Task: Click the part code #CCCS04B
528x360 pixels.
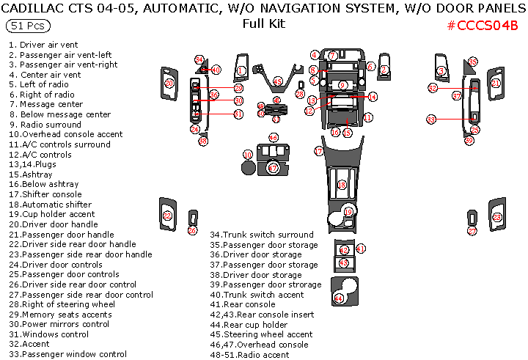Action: [x=482, y=26]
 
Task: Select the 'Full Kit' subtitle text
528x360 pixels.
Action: [x=263, y=23]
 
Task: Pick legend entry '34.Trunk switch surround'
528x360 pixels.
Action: [x=262, y=235]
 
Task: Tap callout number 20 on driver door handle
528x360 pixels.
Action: [x=169, y=84]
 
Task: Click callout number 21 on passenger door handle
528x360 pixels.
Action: [x=496, y=84]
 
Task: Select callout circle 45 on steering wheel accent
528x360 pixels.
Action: [x=277, y=81]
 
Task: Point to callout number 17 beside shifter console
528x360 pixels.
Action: [x=319, y=150]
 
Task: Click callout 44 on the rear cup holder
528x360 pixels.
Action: [x=338, y=298]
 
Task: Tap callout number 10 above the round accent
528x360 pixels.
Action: [x=248, y=155]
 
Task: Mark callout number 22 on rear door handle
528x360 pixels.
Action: [x=167, y=216]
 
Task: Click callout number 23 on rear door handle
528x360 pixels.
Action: [x=496, y=218]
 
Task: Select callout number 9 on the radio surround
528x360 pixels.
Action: [x=342, y=86]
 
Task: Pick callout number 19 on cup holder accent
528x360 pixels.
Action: [x=348, y=211]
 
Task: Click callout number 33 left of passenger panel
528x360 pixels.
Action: [x=431, y=119]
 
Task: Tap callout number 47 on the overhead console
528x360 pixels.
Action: [x=273, y=168]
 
